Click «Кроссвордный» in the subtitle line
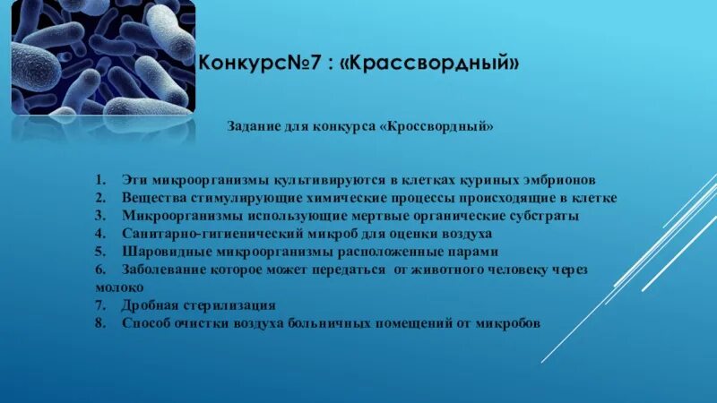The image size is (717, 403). pos(439,127)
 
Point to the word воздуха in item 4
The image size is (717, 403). pos(466,234)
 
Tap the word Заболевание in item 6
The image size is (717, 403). pos(163,270)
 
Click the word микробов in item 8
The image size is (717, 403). pos(511,322)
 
